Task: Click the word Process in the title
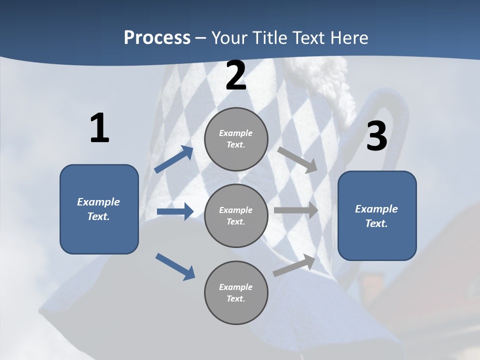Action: point(157,38)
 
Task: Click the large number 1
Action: point(99,128)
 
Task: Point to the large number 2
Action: point(236,76)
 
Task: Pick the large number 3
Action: point(376,136)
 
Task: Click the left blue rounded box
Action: point(99,209)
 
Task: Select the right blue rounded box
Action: point(377,215)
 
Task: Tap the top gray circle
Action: point(236,139)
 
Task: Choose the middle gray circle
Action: point(236,215)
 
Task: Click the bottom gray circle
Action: point(236,292)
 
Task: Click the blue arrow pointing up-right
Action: point(174,159)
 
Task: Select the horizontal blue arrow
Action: point(175,211)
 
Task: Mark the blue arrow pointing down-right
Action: point(175,266)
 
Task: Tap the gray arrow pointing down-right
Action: point(298,159)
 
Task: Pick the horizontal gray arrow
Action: point(296,210)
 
